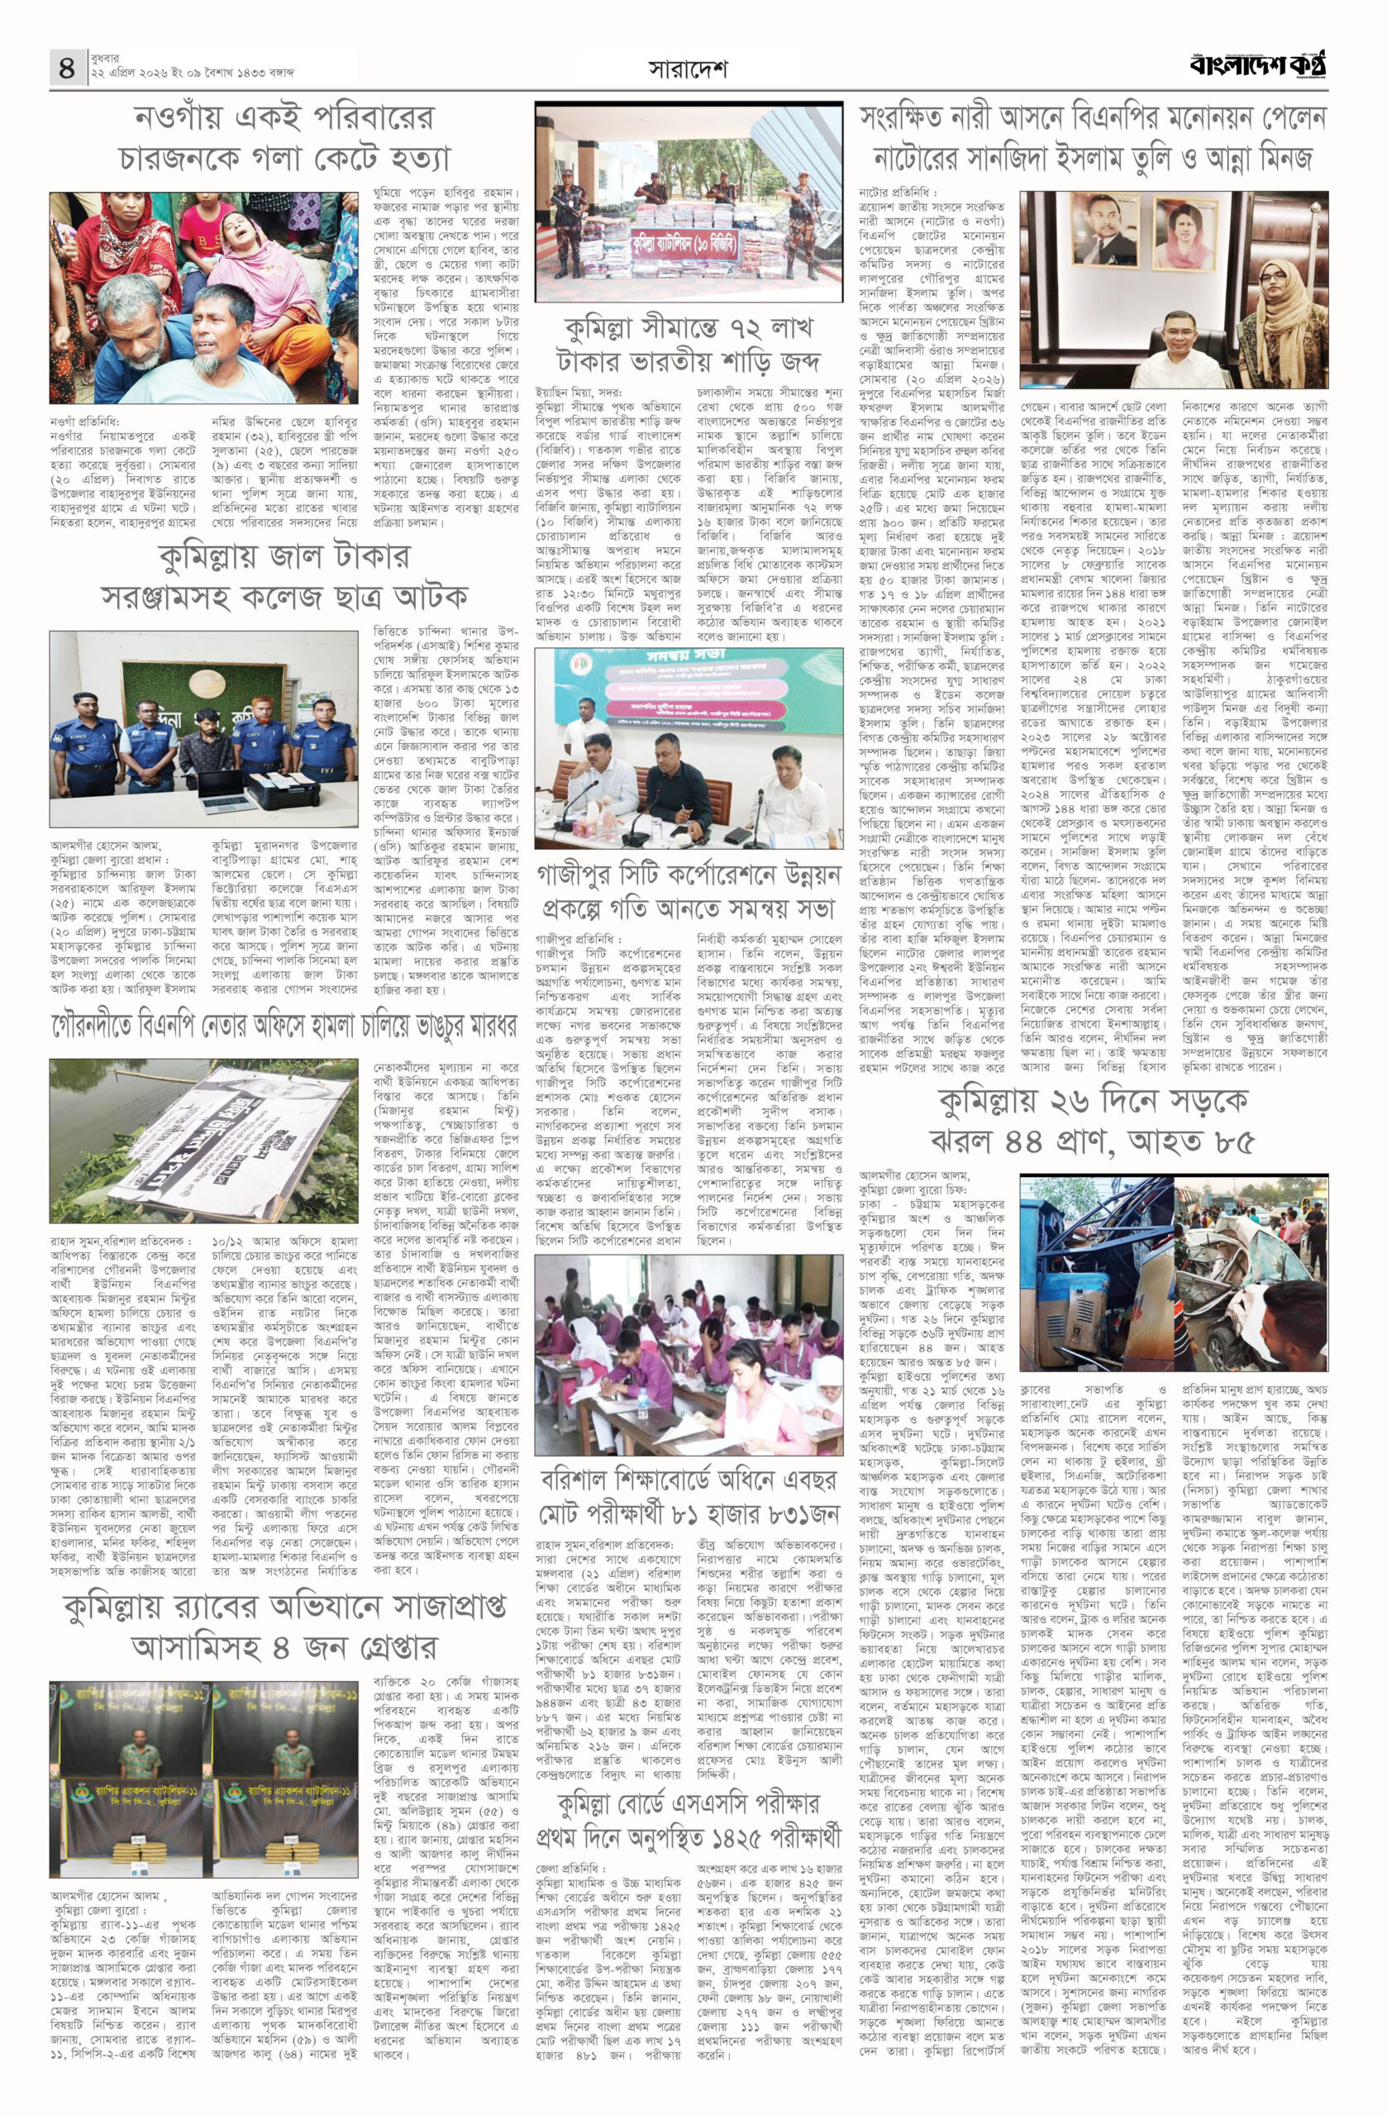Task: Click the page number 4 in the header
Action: coord(67,68)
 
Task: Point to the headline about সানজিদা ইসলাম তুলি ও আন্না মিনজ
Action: coord(1093,138)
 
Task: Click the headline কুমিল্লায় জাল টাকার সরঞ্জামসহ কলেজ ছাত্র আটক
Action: coord(284,576)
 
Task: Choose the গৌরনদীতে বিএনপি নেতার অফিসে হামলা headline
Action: coord(284,1026)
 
